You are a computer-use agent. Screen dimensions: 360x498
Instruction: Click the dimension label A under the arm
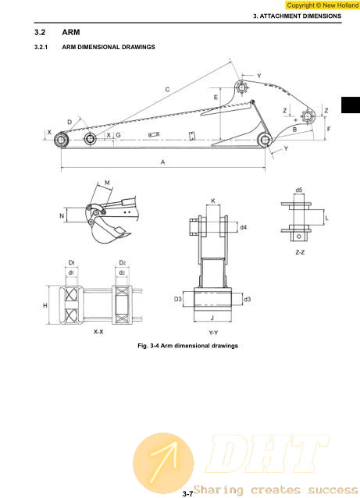pyautogui.click(x=163, y=162)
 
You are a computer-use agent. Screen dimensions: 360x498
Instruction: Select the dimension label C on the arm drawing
pyautogui.click(x=167, y=90)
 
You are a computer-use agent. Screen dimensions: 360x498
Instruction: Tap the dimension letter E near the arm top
pyautogui.click(x=216, y=98)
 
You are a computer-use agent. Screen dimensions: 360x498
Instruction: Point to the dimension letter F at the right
pyautogui.click(x=329, y=129)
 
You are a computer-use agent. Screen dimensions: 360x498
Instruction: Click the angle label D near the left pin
pyautogui.click(x=70, y=122)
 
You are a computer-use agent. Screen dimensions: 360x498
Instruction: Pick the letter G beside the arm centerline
pyautogui.click(x=118, y=135)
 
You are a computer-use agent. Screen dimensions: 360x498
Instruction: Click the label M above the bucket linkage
pyautogui.click(x=107, y=183)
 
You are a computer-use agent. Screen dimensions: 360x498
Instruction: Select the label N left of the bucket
pyautogui.click(x=62, y=216)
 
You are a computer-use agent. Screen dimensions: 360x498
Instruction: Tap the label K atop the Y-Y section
pyautogui.click(x=213, y=201)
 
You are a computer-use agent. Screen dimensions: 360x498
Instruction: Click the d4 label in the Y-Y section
pyautogui.click(x=244, y=227)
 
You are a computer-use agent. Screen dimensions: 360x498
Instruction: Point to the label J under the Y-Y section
pyautogui.click(x=212, y=318)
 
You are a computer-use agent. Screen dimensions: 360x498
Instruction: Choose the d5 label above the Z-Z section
pyautogui.click(x=299, y=190)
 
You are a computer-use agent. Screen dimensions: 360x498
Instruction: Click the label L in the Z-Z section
pyautogui.click(x=326, y=219)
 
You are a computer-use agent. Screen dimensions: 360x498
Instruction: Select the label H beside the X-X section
pyautogui.click(x=45, y=305)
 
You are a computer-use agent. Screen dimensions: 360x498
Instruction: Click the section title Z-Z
pyautogui.click(x=300, y=252)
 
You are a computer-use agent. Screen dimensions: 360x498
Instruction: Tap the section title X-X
pyautogui.click(x=98, y=332)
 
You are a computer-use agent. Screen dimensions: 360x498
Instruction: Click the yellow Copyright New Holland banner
pyautogui.click(x=323, y=5)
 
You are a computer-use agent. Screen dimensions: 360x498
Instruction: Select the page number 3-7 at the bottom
pyautogui.click(x=187, y=494)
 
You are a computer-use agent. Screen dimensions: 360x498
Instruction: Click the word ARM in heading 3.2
pyautogui.click(x=71, y=33)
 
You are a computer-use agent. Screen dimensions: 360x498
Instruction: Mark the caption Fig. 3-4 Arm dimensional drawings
pyautogui.click(x=187, y=346)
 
